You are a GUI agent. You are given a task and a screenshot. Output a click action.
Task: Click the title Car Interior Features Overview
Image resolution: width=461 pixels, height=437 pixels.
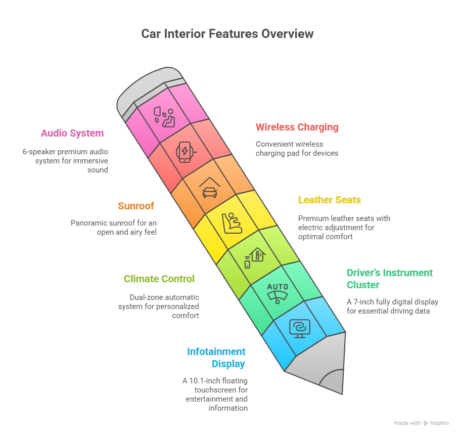(x=227, y=34)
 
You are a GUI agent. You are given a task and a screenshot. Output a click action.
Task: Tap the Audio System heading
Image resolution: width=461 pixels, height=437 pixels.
(x=72, y=134)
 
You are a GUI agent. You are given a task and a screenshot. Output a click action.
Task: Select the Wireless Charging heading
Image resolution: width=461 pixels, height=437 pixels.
(x=297, y=127)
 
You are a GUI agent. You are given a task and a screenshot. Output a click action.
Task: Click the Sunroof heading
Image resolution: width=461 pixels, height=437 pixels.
(x=136, y=206)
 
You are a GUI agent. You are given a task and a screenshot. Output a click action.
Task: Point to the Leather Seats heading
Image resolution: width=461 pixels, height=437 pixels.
(x=330, y=200)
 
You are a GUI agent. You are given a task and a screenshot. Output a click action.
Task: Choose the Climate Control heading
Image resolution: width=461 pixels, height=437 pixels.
(x=159, y=279)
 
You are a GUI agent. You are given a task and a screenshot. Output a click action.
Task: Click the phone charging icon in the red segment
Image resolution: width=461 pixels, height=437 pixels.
(x=185, y=152)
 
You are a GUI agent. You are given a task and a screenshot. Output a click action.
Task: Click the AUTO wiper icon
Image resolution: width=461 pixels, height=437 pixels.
(x=278, y=292)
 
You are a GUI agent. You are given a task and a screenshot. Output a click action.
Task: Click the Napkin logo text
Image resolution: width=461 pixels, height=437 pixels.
(x=439, y=423)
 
